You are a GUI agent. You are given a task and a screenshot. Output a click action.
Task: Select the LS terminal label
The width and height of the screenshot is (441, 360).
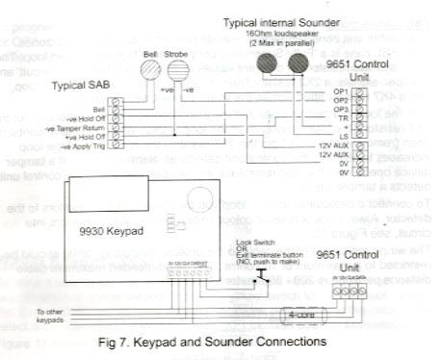click(342, 134)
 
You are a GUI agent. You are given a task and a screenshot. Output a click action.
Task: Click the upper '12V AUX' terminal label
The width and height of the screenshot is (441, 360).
click(331, 142)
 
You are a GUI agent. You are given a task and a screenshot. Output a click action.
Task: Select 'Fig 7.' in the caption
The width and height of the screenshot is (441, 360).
click(123, 342)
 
